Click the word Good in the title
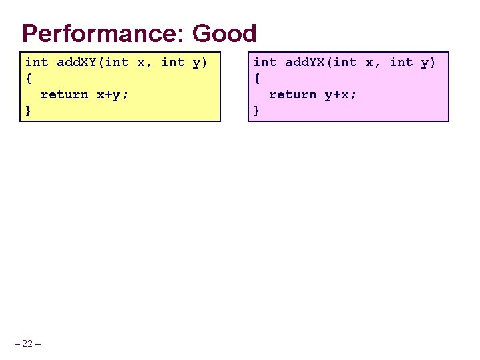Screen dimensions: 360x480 [224, 33]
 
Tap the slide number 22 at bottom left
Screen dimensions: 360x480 [27, 343]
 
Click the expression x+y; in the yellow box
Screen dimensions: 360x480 [113, 94]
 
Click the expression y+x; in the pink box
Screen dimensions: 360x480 [341, 94]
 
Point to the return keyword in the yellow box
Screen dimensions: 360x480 [64, 94]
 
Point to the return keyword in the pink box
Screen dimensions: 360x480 [292, 94]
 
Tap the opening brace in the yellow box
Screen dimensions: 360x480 [29, 78]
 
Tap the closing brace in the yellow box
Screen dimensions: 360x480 [29, 110]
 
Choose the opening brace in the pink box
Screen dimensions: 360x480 [257, 78]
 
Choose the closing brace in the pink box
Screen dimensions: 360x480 [257, 110]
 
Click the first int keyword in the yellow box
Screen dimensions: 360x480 [36, 62]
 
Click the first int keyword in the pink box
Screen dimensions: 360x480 [264, 62]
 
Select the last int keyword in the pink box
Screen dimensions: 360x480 [401, 62]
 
